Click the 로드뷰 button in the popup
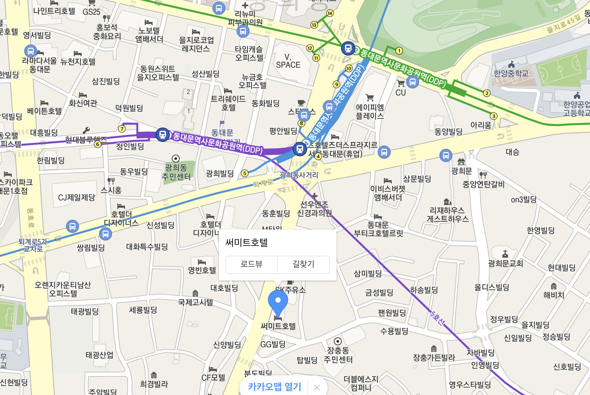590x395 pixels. pyautogui.click(x=251, y=264)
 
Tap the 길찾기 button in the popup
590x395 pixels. pyautogui.click(x=303, y=264)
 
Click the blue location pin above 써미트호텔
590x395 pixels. pyautogui.click(x=278, y=301)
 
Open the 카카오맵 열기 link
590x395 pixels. pyautogui.click(x=274, y=387)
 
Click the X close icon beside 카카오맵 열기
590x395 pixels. pyautogui.click(x=317, y=387)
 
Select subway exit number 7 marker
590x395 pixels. pyautogui.click(x=122, y=129)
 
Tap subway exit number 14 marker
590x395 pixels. pyautogui.click(x=330, y=13)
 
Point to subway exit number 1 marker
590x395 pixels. pyautogui.click(x=399, y=51)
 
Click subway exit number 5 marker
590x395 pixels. pyautogui.click(x=245, y=173)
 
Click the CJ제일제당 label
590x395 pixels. pyautogui.click(x=76, y=197)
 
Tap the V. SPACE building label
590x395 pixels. pyautogui.click(x=288, y=61)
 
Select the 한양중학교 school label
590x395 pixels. pyautogui.click(x=511, y=73)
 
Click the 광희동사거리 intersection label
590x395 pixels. pyautogui.click(x=299, y=175)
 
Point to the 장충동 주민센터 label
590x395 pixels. pyautogui.click(x=338, y=355)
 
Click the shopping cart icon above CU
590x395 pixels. pyautogui.click(x=401, y=83)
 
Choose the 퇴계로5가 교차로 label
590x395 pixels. pyautogui.click(x=33, y=245)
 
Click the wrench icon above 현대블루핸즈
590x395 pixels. pyautogui.click(x=86, y=130)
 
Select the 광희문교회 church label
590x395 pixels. pyautogui.click(x=505, y=264)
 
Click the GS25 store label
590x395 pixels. pyautogui.click(x=91, y=12)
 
